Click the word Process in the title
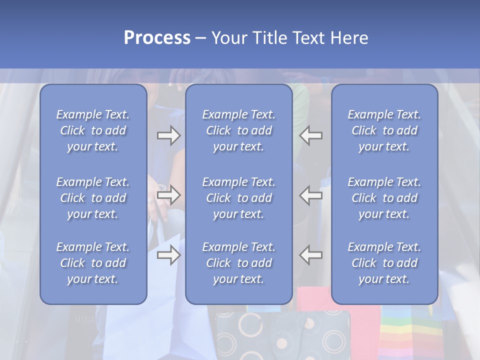click(157, 38)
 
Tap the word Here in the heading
click(349, 38)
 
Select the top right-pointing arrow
click(168, 135)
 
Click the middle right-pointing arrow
click(168, 195)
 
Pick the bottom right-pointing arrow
click(168, 255)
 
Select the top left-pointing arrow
click(311, 135)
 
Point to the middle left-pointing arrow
click(311, 195)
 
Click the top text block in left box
click(93, 130)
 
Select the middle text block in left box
click(93, 198)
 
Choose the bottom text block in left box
click(93, 263)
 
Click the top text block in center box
click(239, 130)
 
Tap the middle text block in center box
click(239, 198)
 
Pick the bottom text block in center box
click(239, 263)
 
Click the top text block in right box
click(384, 130)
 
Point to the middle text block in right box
click(384, 198)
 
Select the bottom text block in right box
click(384, 263)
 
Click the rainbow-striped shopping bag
click(411, 332)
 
